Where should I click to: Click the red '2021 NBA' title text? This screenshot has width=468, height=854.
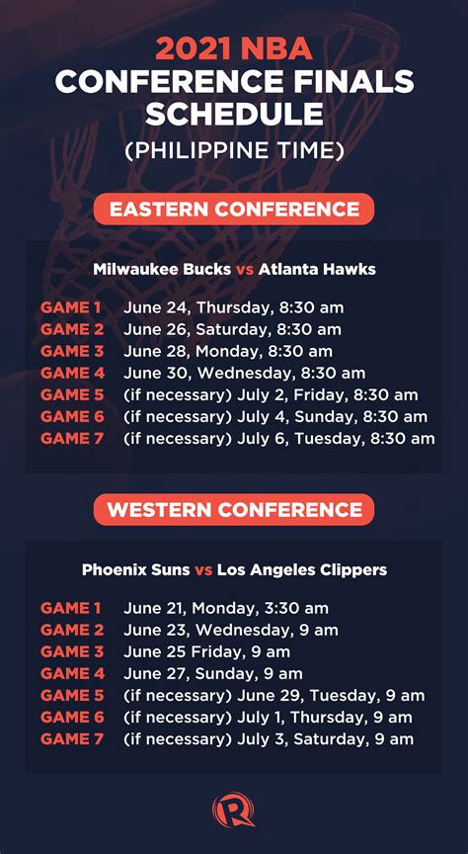tap(234, 48)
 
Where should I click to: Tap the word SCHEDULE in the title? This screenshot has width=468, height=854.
tap(234, 114)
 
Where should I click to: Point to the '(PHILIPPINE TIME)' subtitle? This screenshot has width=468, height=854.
tap(234, 151)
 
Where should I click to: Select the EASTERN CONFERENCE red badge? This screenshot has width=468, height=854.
tap(234, 210)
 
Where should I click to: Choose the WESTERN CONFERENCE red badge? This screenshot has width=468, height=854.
tap(234, 510)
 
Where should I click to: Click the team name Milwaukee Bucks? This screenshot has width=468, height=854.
tap(162, 269)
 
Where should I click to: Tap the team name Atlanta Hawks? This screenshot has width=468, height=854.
tap(317, 269)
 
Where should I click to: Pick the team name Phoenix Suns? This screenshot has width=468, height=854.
tap(135, 570)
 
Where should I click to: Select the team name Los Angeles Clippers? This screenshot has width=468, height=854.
tap(302, 570)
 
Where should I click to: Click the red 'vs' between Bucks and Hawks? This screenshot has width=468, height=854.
tap(244, 270)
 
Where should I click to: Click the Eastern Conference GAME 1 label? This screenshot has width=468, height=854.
tap(71, 307)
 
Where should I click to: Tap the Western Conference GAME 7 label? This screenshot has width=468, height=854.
tap(72, 739)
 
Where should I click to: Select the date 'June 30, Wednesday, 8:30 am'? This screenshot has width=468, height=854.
tap(244, 374)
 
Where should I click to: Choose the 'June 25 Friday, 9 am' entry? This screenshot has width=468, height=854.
tap(206, 652)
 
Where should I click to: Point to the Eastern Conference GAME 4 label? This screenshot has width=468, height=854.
tap(72, 373)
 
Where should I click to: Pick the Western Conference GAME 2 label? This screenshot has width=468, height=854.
tap(72, 631)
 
